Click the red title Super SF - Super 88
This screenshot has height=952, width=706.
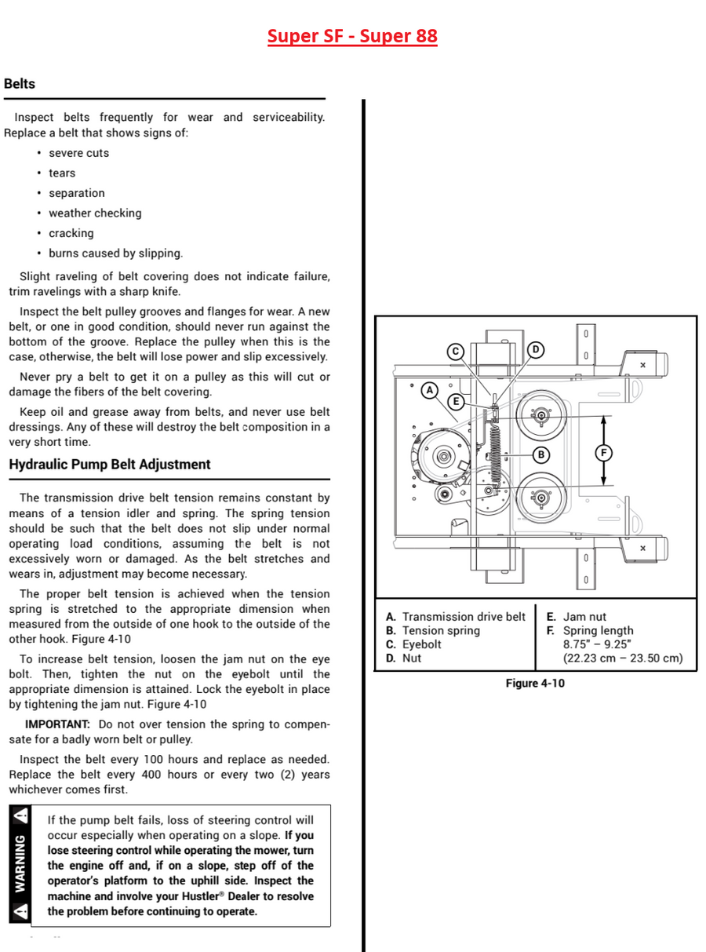click(352, 36)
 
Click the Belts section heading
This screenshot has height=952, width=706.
click(20, 83)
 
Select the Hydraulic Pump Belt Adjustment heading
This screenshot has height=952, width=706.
click(110, 465)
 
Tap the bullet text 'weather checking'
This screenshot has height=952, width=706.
click(95, 213)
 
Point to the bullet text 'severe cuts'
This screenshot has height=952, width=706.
click(78, 153)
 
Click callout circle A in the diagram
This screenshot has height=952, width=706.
click(430, 391)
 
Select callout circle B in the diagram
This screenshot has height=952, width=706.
click(540, 454)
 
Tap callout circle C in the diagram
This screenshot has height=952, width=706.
click(455, 352)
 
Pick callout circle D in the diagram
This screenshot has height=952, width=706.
click(535, 350)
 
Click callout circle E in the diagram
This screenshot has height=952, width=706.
click(456, 401)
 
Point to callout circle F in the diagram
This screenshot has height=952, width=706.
click(604, 453)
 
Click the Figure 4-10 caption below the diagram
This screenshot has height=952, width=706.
click(535, 683)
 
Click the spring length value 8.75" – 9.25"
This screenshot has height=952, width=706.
click(597, 644)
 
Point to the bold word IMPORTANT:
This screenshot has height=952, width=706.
click(57, 724)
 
